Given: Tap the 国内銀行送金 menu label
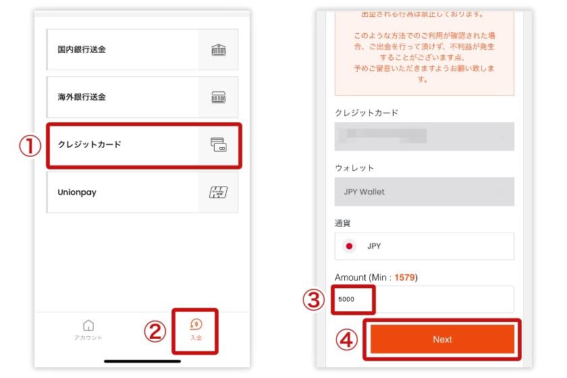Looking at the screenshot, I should click(82, 49).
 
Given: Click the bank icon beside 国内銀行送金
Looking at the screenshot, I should click(218, 49).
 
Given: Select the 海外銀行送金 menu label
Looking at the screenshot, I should click(82, 97).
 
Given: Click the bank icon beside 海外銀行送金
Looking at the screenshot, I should click(218, 97).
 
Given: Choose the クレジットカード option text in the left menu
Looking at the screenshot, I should click(90, 144).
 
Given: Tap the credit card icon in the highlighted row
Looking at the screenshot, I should click(218, 144).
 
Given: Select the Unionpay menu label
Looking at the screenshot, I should click(77, 192).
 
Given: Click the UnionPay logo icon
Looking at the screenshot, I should click(218, 192).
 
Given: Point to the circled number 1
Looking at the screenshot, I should click(29, 146).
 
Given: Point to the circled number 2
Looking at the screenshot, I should click(155, 331).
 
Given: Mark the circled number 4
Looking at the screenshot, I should click(347, 340).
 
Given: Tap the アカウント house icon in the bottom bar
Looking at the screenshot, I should click(88, 325).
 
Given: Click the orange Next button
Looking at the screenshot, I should click(442, 340).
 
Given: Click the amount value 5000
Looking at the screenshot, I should click(346, 299).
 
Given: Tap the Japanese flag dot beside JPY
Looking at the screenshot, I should click(350, 246).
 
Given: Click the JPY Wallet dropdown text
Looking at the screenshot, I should click(364, 192).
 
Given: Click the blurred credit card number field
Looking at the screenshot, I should click(385, 136).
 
